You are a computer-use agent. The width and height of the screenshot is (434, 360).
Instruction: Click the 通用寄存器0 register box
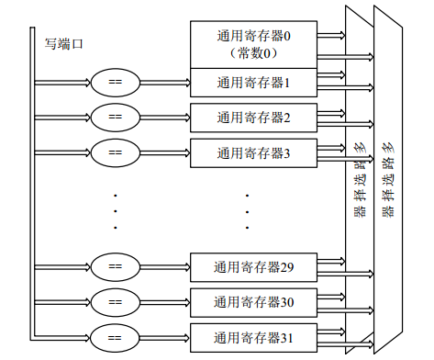(x=252, y=38)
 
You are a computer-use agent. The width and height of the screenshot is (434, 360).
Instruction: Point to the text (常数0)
(x=252, y=53)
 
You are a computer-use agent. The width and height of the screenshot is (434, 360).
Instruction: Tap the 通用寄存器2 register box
(x=252, y=118)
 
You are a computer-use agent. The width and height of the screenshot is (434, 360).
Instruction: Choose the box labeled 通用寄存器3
(x=252, y=152)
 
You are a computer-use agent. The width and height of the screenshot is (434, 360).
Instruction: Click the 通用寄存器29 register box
(x=252, y=267)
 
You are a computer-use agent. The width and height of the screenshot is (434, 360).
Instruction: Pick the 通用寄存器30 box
(x=252, y=301)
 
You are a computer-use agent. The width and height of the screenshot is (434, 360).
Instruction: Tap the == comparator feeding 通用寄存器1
(x=115, y=84)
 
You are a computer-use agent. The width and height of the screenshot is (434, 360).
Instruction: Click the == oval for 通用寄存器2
(x=115, y=118)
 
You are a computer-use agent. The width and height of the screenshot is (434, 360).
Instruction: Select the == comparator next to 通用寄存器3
(x=115, y=152)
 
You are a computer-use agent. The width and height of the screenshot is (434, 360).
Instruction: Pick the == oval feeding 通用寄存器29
(x=115, y=267)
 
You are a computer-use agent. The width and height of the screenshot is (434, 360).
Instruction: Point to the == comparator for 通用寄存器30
(x=115, y=301)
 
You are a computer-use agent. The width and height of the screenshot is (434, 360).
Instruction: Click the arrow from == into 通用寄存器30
(x=164, y=301)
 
